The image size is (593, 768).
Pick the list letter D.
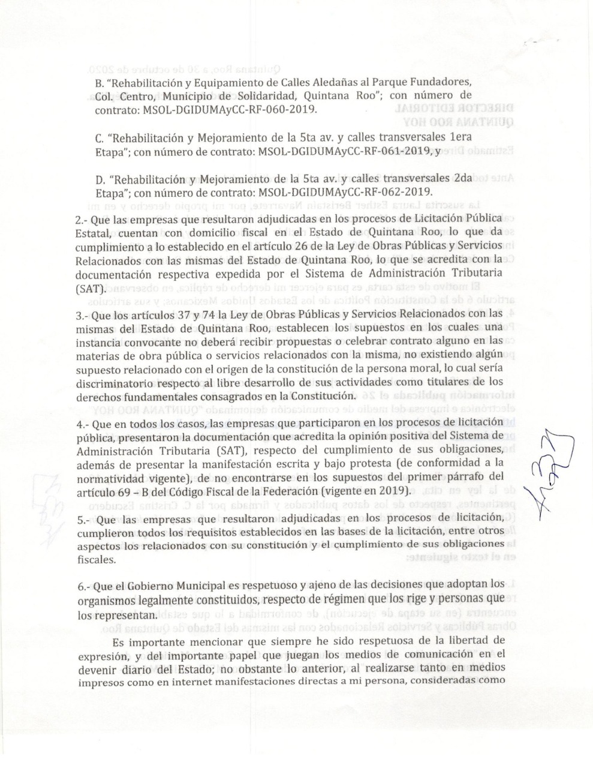[x=100, y=180]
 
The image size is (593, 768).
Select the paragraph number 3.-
[x=83, y=314]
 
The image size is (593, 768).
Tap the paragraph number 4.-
[x=83, y=424]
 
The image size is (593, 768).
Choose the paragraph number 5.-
[x=84, y=518]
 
